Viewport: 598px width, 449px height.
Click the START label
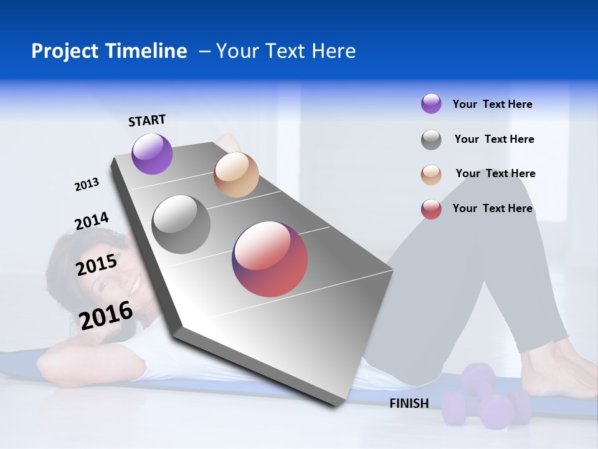[147, 120]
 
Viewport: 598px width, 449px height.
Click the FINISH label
[409, 403]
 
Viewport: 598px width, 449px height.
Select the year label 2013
[87, 185]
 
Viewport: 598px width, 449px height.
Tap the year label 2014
[92, 221]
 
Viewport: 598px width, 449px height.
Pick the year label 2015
[97, 265]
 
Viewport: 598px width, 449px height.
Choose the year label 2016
[106, 315]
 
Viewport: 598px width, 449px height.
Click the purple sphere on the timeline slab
[152, 153]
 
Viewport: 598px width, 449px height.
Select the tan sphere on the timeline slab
[236, 175]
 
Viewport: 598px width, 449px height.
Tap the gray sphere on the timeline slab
[181, 224]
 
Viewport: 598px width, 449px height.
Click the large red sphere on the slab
[270, 259]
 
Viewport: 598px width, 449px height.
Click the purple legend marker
[431, 104]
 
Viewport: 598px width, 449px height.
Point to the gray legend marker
[431, 140]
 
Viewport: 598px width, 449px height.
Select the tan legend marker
[431, 174]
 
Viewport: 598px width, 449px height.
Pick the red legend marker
[431, 209]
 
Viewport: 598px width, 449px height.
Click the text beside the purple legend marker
[492, 104]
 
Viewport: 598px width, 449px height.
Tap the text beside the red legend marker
[492, 208]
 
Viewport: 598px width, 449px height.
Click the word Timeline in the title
[146, 51]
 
